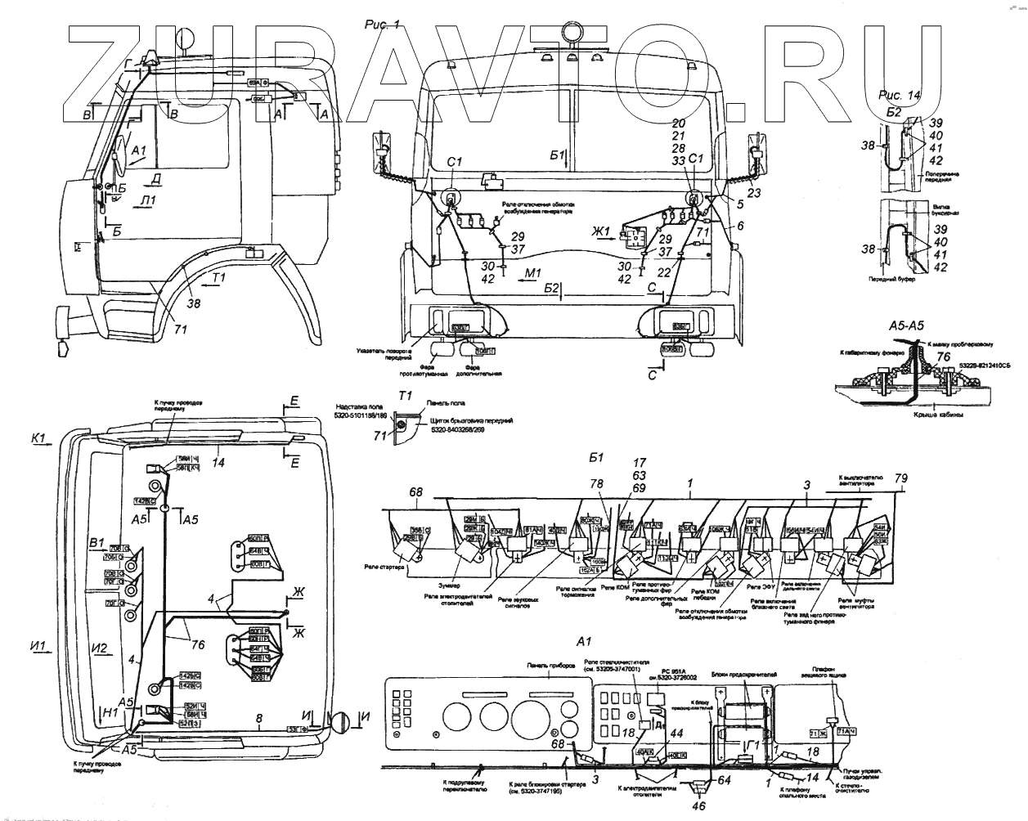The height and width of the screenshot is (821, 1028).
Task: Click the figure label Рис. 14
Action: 900,95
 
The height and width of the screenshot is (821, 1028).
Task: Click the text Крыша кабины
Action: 935,415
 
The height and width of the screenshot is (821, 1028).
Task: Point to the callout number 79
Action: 900,478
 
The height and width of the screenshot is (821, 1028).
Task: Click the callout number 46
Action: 698,806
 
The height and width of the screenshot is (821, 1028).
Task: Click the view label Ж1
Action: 604,231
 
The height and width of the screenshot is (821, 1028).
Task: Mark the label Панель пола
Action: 446,403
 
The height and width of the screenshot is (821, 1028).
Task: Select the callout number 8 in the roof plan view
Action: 259,719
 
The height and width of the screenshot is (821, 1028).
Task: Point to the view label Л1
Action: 147,200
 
